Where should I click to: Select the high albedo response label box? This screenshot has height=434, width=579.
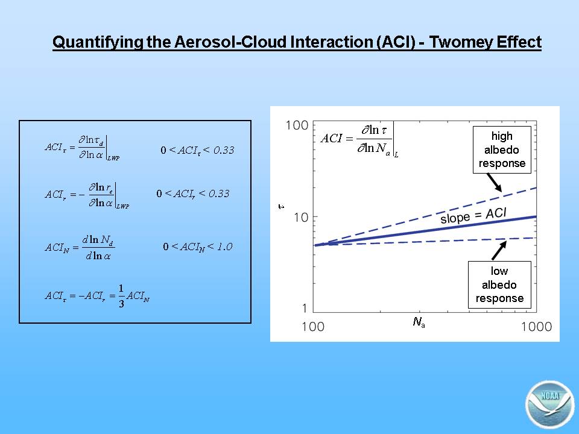click(502, 150)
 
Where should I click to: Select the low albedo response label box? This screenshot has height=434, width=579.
click(499, 285)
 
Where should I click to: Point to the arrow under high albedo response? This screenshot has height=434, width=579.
click(495, 183)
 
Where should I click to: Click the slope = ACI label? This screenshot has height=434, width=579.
click(473, 216)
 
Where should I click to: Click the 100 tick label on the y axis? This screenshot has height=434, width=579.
click(297, 125)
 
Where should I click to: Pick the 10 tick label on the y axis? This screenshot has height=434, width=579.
click(301, 218)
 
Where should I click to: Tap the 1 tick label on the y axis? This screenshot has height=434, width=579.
click(305, 308)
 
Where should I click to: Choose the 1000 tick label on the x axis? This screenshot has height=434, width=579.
click(537, 327)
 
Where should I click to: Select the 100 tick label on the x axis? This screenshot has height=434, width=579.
click(313, 327)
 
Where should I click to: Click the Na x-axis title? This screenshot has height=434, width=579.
click(419, 322)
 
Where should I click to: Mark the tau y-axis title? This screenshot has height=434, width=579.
click(282, 207)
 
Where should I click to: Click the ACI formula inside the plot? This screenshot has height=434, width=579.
click(359, 140)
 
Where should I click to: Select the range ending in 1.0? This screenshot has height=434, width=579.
click(198, 247)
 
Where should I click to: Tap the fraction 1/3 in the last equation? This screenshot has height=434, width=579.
click(121, 295)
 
